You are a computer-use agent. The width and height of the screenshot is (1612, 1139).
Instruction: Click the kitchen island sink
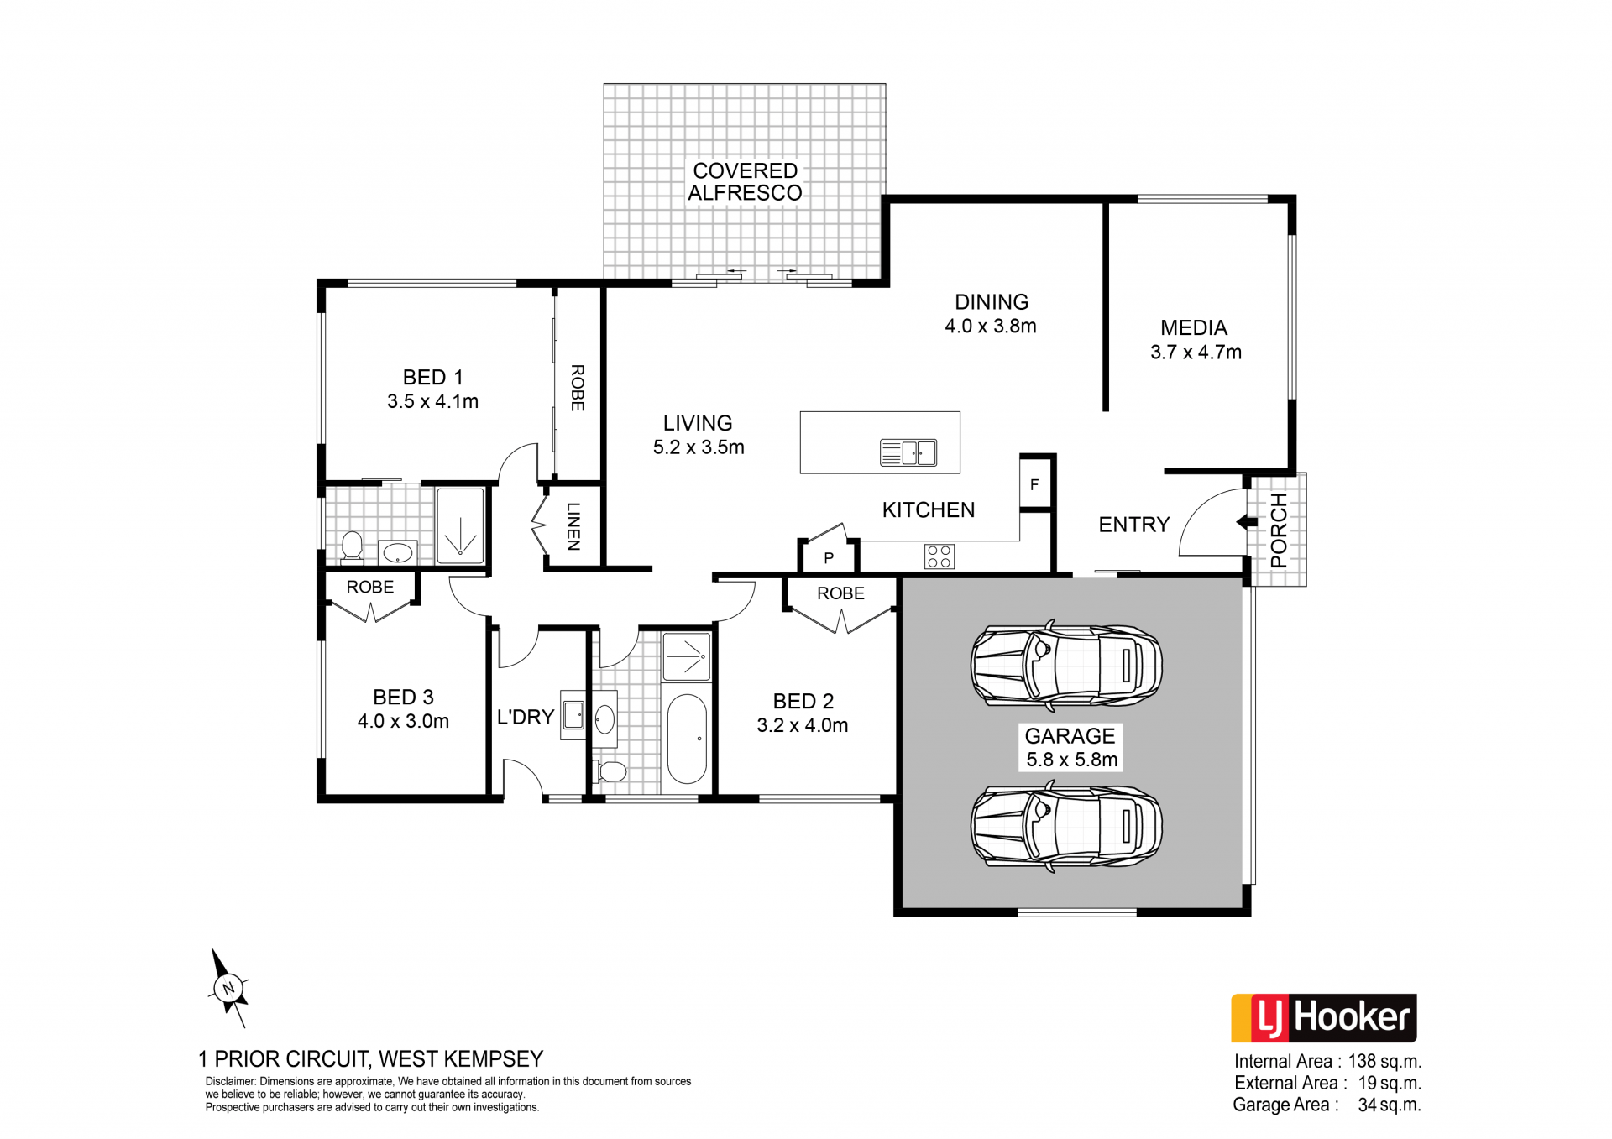[x=908, y=452]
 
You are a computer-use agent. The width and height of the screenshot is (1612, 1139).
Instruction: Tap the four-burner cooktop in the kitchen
[x=939, y=556]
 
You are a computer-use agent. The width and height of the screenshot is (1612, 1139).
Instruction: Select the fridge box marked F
[x=1036, y=483]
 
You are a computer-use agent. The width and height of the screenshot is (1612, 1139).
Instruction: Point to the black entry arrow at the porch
[x=1243, y=522]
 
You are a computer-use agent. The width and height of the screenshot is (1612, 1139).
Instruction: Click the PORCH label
[x=1279, y=530]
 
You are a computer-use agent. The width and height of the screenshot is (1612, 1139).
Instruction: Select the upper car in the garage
[x=1066, y=665]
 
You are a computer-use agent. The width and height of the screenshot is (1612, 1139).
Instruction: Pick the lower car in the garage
[x=1066, y=825]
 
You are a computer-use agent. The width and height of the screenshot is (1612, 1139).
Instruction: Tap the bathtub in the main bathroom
[x=687, y=739]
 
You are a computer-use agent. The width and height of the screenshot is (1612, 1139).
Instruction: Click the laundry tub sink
[x=573, y=715]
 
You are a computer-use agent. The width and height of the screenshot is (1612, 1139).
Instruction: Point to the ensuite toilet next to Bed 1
[x=352, y=546]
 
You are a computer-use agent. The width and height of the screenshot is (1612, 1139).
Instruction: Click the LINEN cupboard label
[x=573, y=526]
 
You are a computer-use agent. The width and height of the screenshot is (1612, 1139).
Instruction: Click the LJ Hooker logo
[x=1323, y=1018]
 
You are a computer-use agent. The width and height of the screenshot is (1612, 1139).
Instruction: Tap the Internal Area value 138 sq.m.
[x=1384, y=1062]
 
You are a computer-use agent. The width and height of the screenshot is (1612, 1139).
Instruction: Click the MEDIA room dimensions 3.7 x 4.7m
[x=1196, y=353]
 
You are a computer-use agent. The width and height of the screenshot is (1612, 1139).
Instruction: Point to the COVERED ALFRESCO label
[x=745, y=182]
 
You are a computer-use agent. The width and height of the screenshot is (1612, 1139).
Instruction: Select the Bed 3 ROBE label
[x=370, y=587]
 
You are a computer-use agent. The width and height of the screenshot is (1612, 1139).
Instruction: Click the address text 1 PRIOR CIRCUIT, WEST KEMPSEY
[x=371, y=1059]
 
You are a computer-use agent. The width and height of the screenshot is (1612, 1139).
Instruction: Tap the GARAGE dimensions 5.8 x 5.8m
[x=1072, y=760]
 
